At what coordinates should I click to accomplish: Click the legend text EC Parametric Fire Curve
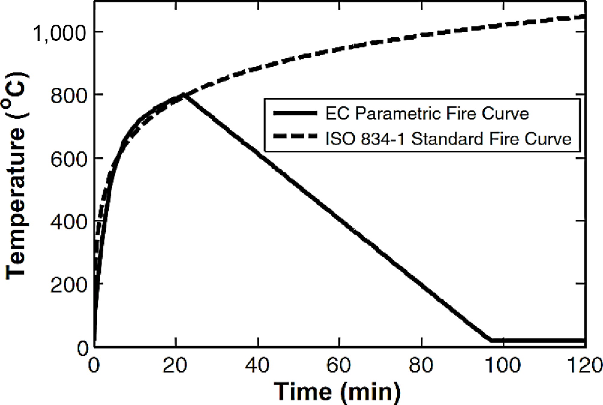point(427,114)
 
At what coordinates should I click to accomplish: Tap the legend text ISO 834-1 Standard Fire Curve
point(449,139)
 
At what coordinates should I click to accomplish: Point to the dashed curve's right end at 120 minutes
point(584,17)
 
